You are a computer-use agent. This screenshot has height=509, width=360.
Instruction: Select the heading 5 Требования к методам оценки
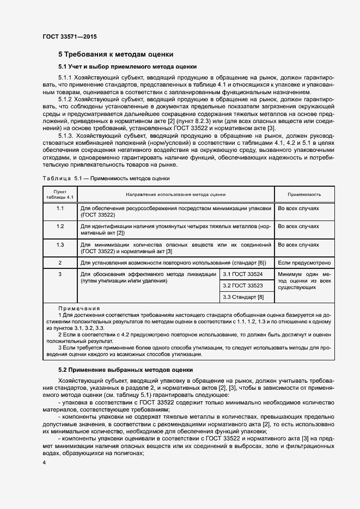pos(116,54)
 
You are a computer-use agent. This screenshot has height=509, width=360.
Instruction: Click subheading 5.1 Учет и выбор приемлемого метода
pos(127,67)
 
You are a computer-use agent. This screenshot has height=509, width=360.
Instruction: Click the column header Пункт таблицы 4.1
pos(60,194)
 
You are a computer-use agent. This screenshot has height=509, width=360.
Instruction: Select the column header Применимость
pos(304,194)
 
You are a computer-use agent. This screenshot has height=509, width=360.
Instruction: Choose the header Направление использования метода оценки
pos(175,194)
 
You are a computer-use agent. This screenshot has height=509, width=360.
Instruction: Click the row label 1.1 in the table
pos(60,208)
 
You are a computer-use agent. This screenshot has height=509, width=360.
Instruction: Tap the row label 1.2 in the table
pos(60,226)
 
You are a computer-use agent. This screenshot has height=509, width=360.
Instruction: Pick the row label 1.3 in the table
pos(60,244)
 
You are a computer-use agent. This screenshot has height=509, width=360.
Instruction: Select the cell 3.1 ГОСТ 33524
pos(243,274)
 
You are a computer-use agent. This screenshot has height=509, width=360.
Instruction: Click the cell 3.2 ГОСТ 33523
pos(243,285)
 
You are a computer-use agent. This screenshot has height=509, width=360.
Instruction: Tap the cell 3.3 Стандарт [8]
pos(243,297)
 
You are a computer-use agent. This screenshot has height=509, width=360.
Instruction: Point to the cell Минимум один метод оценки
pos(304,280)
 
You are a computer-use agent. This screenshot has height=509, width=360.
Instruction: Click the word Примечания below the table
pos(75,308)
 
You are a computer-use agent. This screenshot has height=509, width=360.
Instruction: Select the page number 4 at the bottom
pos(44,462)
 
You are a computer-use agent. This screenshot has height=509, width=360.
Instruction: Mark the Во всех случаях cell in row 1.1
pos(298,208)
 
